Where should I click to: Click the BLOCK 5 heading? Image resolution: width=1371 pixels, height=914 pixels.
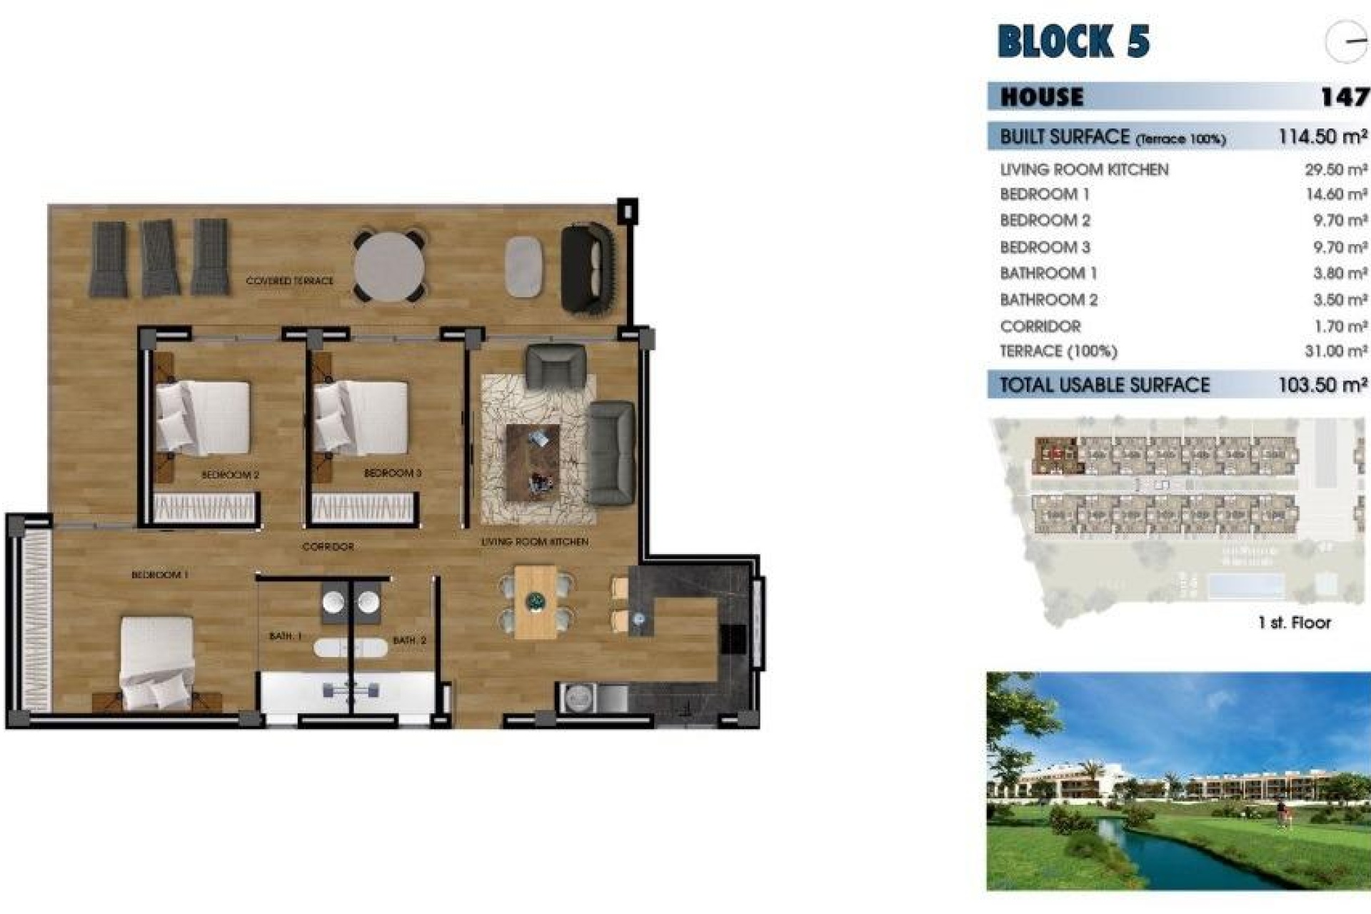(1073, 41)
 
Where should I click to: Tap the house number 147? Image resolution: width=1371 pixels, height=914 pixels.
(1343, 96)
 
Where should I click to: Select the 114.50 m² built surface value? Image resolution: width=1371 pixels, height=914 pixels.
(1322, 136)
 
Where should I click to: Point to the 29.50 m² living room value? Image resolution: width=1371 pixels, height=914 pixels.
(1335, 170)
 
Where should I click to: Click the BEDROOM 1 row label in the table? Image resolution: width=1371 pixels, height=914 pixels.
(1044, 194)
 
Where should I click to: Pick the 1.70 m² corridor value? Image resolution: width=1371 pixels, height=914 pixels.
(1340, 326)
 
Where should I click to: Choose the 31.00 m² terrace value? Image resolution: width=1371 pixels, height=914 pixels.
(1335, 351)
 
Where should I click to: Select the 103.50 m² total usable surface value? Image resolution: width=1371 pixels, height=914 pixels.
(1322, 385)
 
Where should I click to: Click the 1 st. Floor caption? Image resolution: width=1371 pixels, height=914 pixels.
(1294, 623)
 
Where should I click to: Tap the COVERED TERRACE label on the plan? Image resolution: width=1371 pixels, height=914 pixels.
(289, 281)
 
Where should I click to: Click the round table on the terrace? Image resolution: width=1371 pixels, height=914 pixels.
(388, 266)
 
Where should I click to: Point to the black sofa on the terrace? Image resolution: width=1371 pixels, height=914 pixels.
(587, 268)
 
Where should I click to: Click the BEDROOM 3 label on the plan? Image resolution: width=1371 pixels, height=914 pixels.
(392, 473)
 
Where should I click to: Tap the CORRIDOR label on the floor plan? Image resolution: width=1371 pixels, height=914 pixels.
(328, 546)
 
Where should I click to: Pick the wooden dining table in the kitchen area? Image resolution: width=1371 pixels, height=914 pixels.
(535, 602)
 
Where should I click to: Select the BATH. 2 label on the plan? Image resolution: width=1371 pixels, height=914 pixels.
(409, 641)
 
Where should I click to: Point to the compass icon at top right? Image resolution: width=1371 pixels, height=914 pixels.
(1346, 41)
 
